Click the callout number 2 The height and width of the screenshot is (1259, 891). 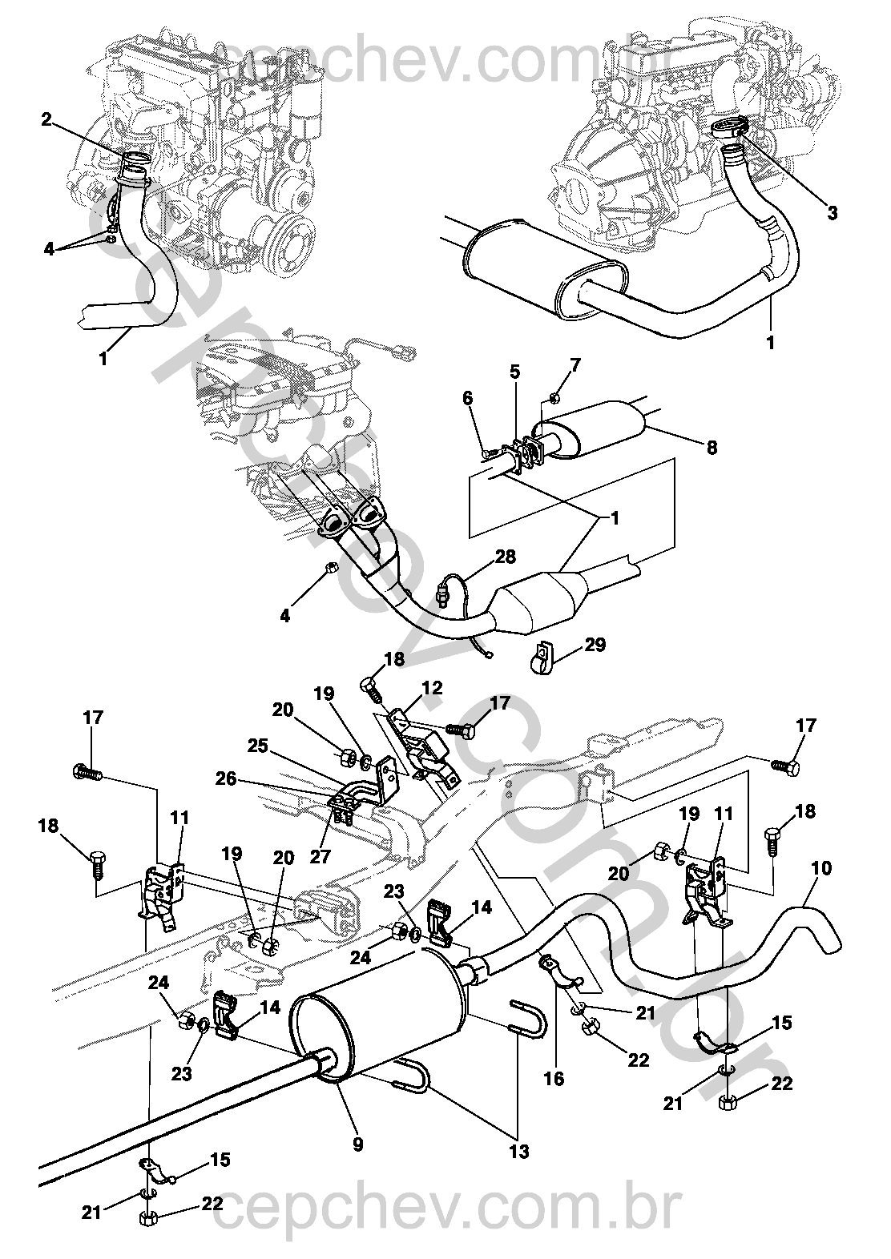[x=46, y=119]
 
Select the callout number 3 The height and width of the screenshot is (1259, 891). [x=833, y=213]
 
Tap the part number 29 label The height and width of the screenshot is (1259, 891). [x=595, y=644]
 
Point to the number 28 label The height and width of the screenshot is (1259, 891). [x=506, y=557]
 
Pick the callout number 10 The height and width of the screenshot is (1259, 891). [x=821, y=868]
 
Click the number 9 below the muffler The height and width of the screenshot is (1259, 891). [x=357, y=1144]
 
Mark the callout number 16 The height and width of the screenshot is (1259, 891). [x=554, y=1079]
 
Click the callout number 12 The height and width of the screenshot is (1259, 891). [x=432, y=689]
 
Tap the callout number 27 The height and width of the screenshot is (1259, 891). [x=321, y=858]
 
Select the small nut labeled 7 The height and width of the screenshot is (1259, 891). [x=554, y=396]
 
